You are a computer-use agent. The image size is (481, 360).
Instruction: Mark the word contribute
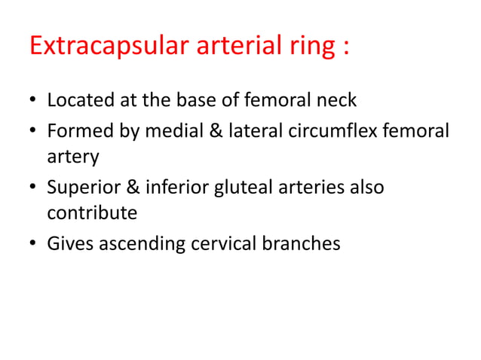point(92,213)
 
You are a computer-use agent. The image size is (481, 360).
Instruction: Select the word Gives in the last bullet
point(69,245)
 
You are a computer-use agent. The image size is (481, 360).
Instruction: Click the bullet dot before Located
point(34,101)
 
